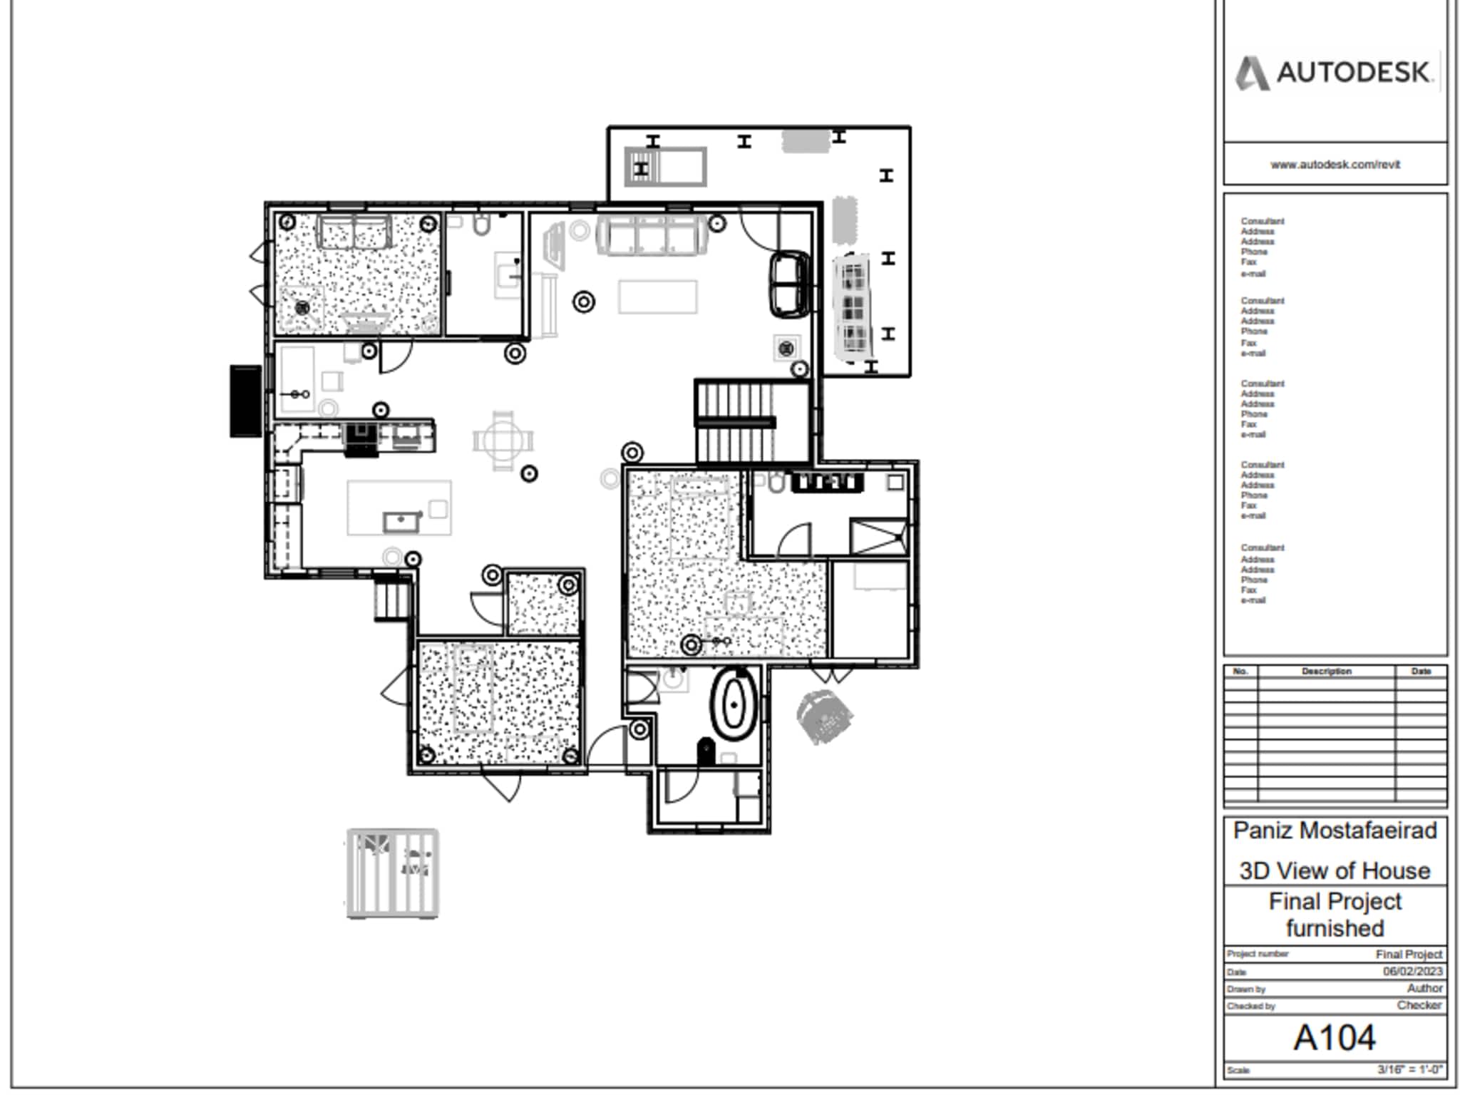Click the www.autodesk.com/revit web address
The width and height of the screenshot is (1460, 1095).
click(x=1335, y=165)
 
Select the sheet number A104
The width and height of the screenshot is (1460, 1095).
click(x=1335, y=1037)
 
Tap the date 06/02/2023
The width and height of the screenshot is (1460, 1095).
click(x=1412, y=971)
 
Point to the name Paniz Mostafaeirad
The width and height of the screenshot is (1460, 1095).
click(x=1335, y=831)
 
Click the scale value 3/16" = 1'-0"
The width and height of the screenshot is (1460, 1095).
click(x=1409, y=1069)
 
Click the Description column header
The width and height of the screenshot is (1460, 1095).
click(x=1326, y=672)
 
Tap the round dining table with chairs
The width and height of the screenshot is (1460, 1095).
click(x=503, y=441)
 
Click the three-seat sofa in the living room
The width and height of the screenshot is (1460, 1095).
click(x=652, y=235)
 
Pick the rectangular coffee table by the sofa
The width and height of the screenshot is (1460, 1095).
click(x=657, y=297)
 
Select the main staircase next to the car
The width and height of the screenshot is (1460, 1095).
click(x=736, y=423)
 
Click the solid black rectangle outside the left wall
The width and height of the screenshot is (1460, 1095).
click(x=246, y=401)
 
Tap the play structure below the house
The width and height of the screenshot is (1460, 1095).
click(x=392, y=873)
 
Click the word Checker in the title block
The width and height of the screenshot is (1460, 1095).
click(x=1419, y=1005)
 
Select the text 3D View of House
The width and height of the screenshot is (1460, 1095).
click(x=1335, y=870)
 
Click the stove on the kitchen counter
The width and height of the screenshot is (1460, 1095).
click(x=361, y=438)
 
